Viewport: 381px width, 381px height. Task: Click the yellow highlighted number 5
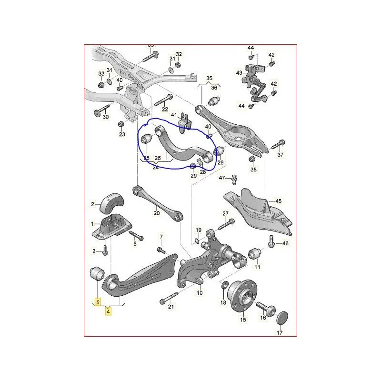click(98, 301)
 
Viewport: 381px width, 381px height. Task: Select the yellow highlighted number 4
click(109, 312)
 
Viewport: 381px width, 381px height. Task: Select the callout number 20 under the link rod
click(157, 213)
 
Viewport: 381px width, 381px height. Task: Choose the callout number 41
click(174, 115)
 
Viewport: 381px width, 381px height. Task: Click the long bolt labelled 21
click(165, 300)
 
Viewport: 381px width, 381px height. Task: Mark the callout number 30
click(105, 117)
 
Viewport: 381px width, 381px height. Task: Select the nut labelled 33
click(101, 86)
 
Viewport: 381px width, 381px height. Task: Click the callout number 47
click(222, 178)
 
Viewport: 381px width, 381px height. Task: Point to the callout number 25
click(146, 158)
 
